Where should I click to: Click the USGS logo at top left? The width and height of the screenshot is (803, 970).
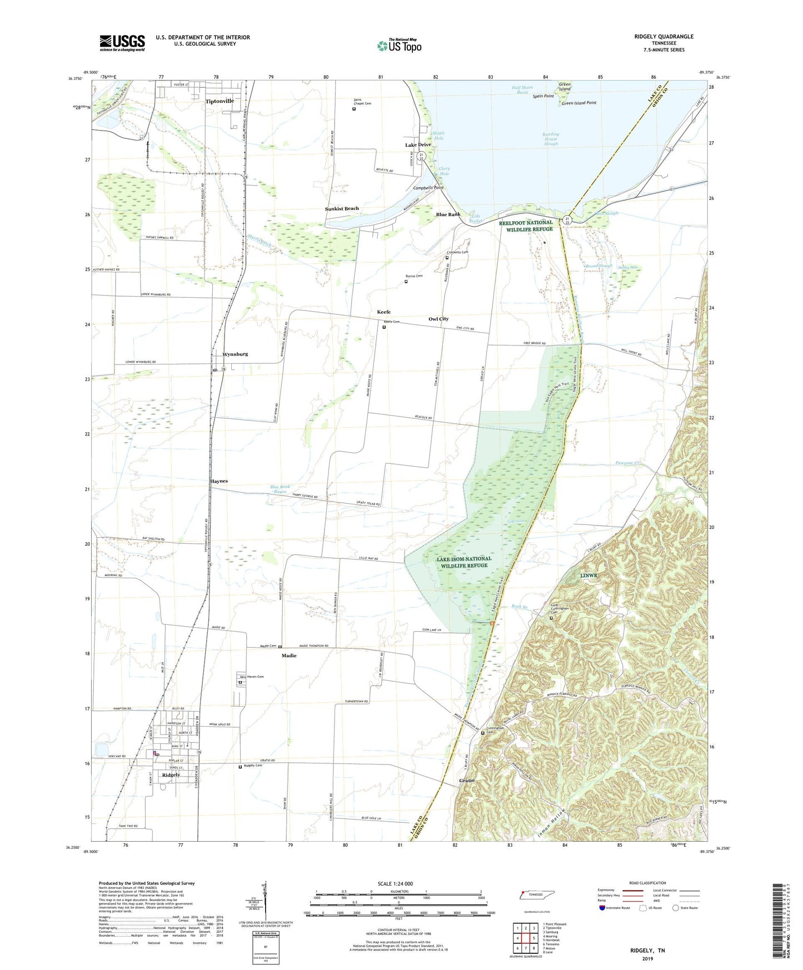tap(122, 43)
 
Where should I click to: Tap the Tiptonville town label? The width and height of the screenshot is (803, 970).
tap(220, 102)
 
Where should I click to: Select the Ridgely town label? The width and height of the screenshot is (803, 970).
tap(171, 774)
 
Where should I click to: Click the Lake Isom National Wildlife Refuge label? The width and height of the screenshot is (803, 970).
tap(464, 562)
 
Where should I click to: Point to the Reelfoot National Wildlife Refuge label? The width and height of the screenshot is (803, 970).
tap(525, 226)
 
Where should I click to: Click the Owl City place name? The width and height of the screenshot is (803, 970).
tap(438, 319)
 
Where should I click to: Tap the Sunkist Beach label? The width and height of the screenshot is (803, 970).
tap(342, 209)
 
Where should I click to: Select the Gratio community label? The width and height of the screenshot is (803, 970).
tap(467, 781)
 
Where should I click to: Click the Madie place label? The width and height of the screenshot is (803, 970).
tap(288, 656)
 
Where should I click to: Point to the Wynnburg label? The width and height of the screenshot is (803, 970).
tap(235, 354)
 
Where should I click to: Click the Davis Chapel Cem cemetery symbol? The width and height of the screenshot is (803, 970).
tap(354, 109)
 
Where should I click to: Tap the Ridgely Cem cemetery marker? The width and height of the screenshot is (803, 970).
tap(240, 767)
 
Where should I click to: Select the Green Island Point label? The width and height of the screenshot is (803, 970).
tap(578, 103)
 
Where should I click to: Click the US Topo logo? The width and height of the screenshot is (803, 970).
tap(398, 46)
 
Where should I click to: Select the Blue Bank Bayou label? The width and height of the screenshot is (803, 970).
tap(280, 489)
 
